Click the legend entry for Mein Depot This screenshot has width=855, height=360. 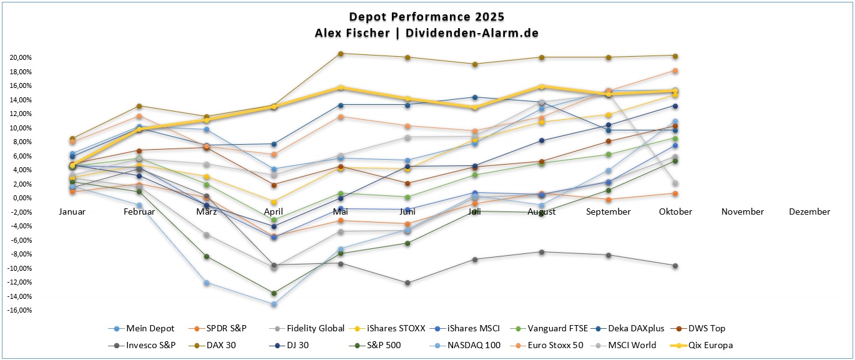(144, 328)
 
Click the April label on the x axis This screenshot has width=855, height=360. (273, 212)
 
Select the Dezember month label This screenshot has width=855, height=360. (809, 212)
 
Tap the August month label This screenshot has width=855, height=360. (541, 212)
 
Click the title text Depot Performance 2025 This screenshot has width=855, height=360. (427, 16)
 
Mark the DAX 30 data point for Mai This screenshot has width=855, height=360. (340, 54)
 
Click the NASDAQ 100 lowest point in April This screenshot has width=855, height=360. (273, 304)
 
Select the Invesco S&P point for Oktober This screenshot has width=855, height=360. (675, 266)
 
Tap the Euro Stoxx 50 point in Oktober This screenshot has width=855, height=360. (675, 71)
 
